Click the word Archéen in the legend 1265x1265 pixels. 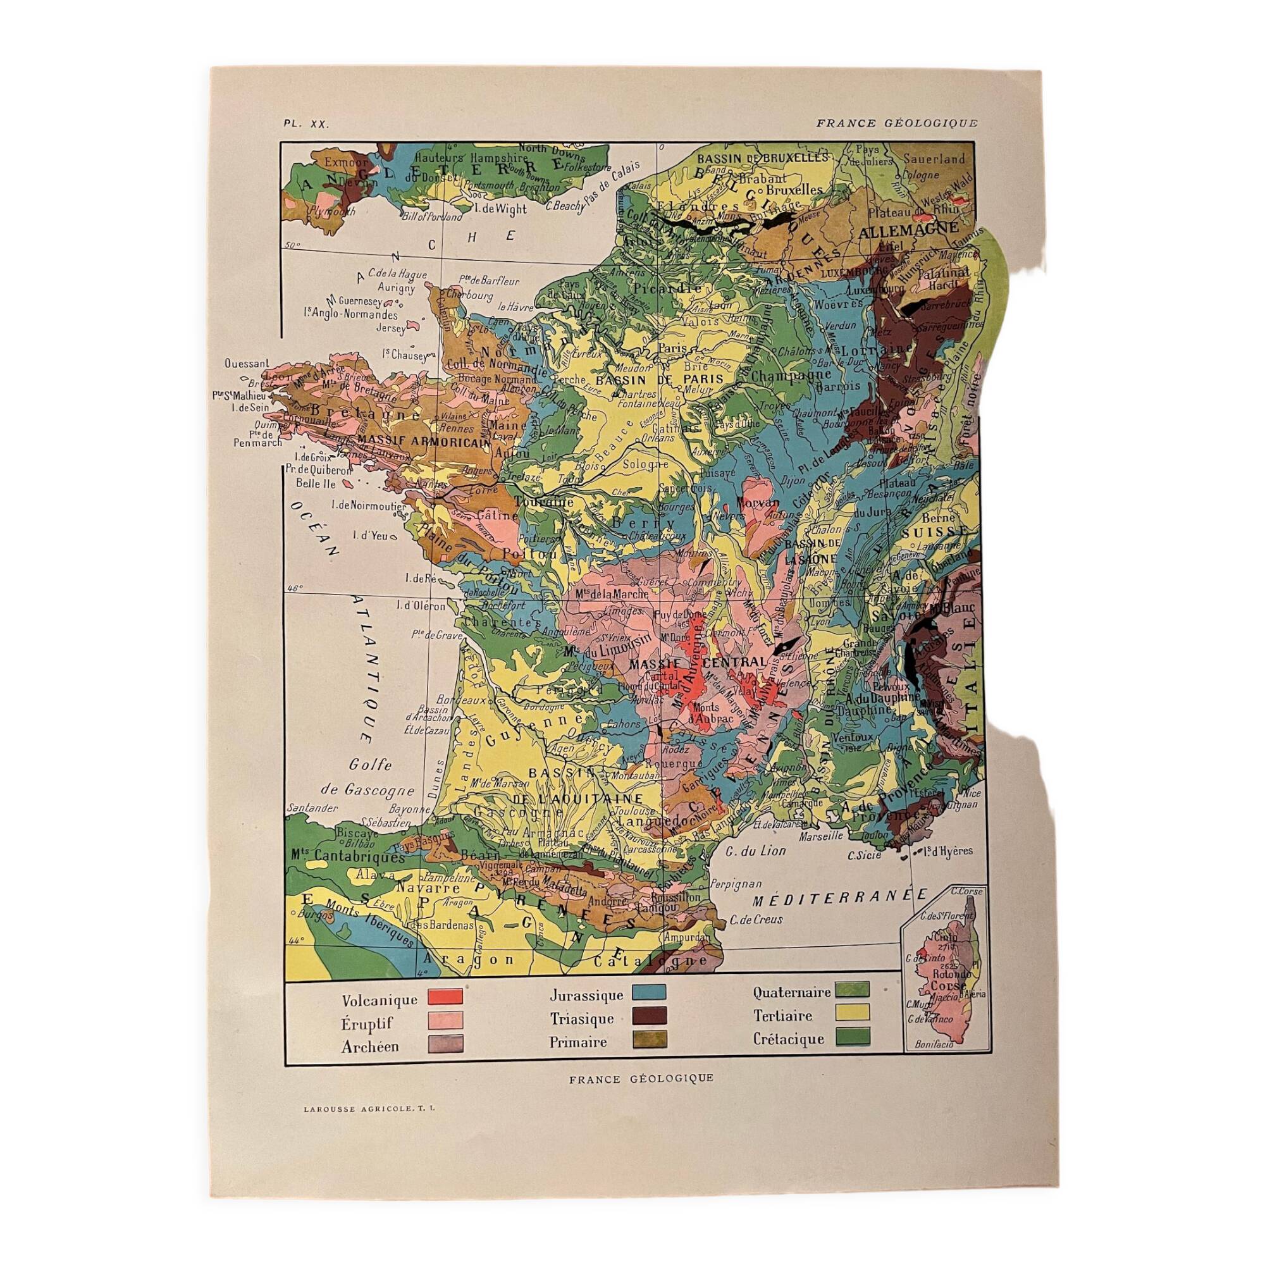click(370, 1046)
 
